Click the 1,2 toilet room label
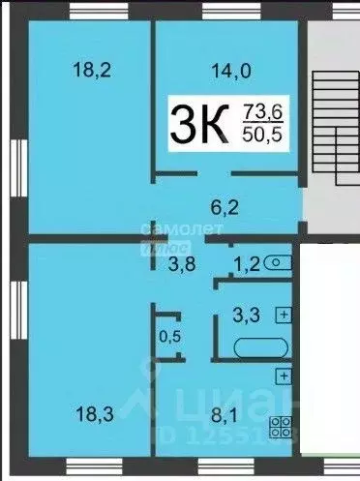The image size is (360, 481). [246, 263]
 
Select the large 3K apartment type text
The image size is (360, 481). [198, 123]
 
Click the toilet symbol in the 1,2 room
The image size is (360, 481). [279, 261]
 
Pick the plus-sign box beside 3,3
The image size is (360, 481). [284, 314]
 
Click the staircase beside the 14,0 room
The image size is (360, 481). [332, 116]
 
